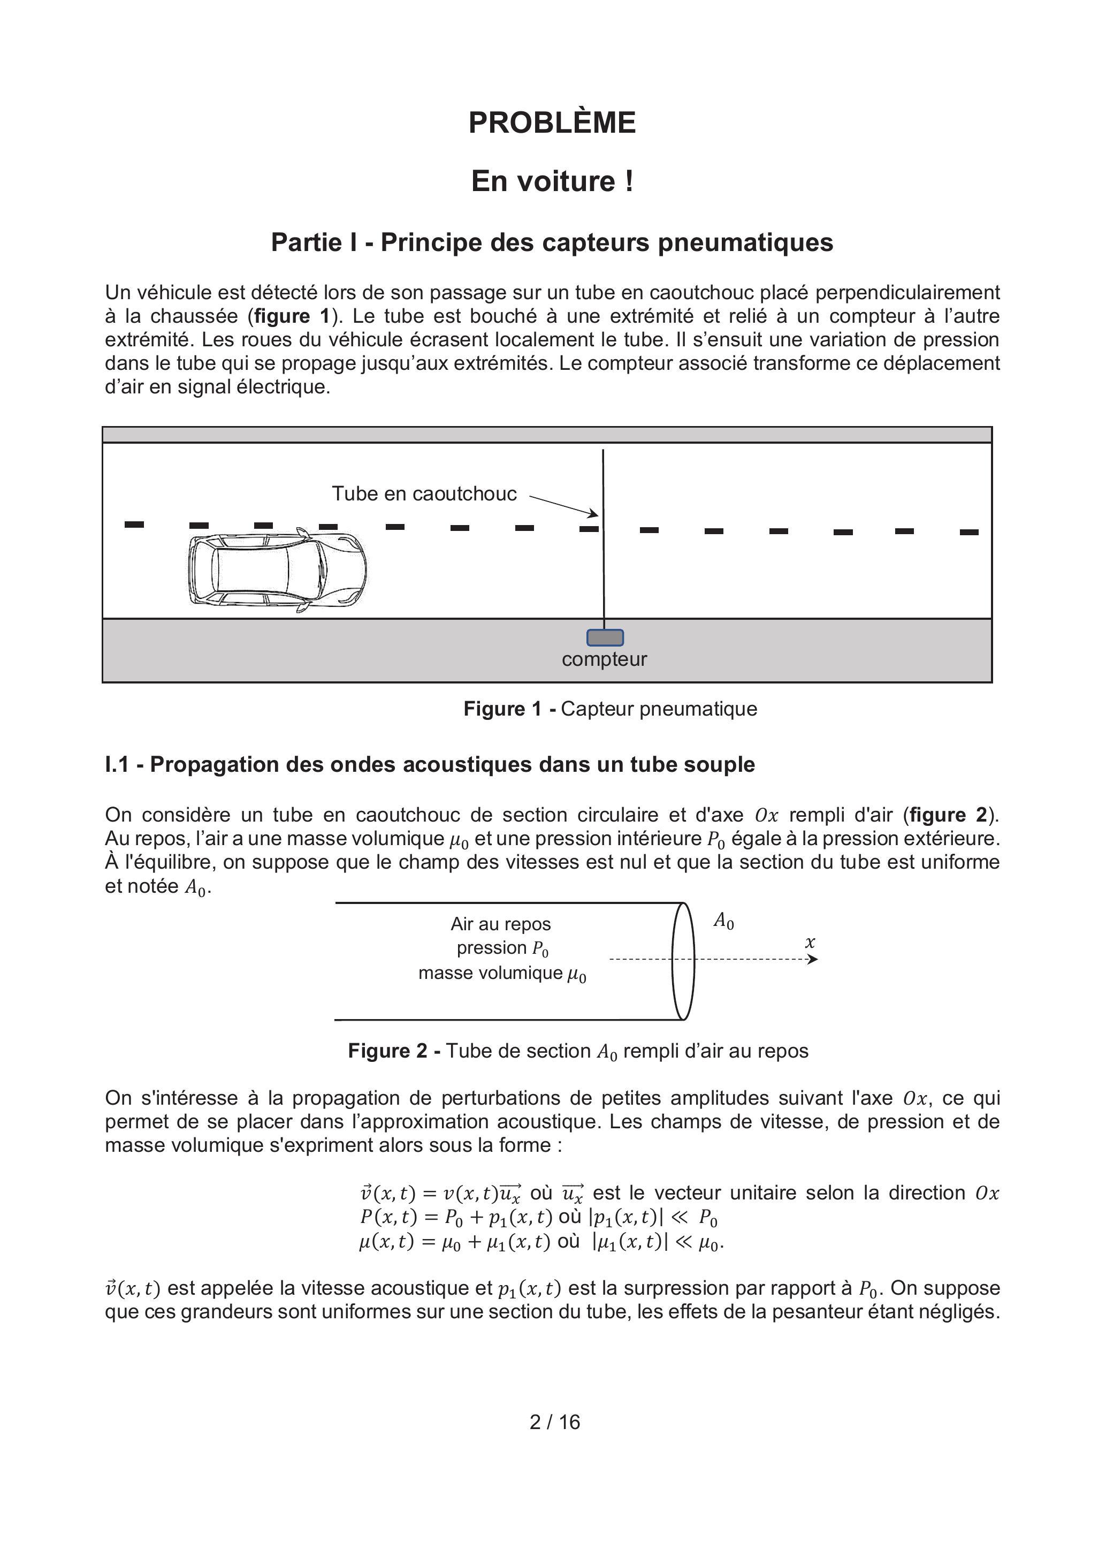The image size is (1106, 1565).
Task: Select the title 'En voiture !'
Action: click(x=552, y=182)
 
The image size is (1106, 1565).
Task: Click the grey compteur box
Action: click(x=605, y=637)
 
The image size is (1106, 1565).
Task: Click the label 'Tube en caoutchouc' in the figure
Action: click(x=424, y=493)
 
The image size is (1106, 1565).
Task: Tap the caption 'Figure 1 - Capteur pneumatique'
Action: click(x=610, y=709)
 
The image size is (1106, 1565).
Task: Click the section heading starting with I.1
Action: click(x=429, y=765)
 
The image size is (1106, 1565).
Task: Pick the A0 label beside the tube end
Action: click(x=723, y=922)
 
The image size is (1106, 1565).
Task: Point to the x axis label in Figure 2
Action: click(x=810, y=943)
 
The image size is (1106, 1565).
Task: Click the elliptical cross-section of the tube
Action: click(x=683, y=961)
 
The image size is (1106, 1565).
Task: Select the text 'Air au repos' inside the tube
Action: click(x=500, y=924)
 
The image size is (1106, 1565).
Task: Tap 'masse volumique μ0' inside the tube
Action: click(x=502, y=974)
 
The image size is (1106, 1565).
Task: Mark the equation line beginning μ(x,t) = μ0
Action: click(x=541, y=1242)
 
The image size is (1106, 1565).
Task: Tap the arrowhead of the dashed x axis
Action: click(x=812, y=960)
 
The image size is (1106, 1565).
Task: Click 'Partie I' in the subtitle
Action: click(x=314, y=242)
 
